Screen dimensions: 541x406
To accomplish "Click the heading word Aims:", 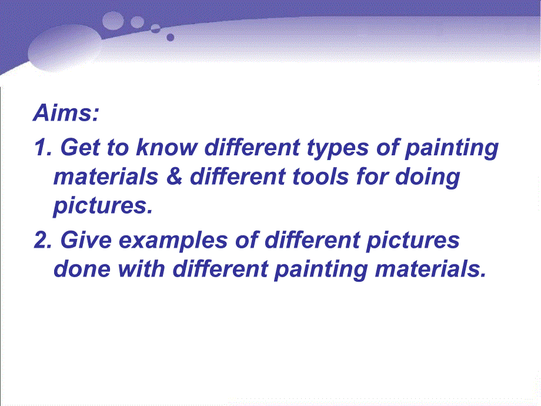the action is [66, 112].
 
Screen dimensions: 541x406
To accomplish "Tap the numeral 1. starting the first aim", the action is [43, 148].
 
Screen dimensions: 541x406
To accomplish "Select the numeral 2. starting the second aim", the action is [43, 240].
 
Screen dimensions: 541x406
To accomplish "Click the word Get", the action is [81, 148].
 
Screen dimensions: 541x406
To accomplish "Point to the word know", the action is [167, 148].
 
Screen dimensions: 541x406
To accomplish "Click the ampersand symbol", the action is [174, 177].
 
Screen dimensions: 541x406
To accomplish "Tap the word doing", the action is [428, 178].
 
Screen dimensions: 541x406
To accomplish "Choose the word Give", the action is [86, 240].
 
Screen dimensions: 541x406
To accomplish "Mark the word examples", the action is [173, 241].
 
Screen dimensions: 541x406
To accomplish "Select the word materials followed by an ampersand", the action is [106, 177].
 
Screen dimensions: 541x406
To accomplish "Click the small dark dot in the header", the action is [170, 37].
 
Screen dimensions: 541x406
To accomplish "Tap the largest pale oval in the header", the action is [65, 49].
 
